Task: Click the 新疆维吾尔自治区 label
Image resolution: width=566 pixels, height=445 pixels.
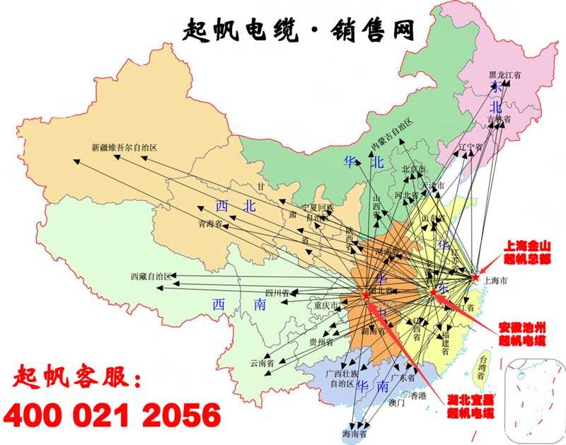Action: (x=124, y=149)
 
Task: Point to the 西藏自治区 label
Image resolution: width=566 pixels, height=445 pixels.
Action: (x=151, y=276)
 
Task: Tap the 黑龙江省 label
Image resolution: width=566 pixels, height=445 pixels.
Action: (x=504, y=74)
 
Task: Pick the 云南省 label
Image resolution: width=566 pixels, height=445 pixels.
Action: (x=262, y=362)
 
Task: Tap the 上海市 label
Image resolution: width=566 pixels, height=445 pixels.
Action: (x=495, y=281)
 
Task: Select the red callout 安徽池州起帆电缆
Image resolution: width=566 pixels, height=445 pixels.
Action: (x=521, y=335)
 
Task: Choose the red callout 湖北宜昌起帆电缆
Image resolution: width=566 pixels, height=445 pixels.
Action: (x=470, y=407)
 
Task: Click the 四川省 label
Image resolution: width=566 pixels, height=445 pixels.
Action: (x=278, y=292)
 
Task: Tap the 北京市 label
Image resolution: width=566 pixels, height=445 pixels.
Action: (x=414, y=170)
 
